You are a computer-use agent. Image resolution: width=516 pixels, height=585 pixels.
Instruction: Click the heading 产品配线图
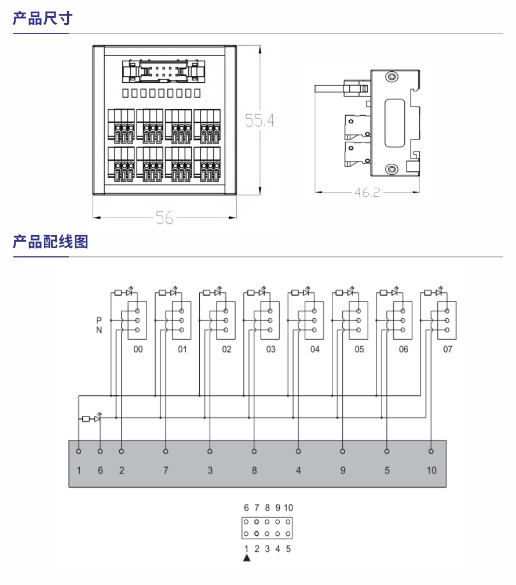click(x=50, y=241)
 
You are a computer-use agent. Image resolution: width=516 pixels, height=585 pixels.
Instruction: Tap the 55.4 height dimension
click(x=258, y=120)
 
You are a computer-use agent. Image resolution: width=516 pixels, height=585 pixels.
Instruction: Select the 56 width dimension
click(x=164, y=218)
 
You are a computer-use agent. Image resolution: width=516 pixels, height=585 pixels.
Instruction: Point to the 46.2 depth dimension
click(x=367, y=192)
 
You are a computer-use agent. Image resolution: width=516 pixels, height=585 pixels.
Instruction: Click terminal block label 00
click(x=138, y=349)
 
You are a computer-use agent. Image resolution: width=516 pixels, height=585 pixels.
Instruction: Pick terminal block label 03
click(x=271, y=349)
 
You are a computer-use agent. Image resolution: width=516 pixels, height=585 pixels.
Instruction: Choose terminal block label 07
click(x=448, y=349)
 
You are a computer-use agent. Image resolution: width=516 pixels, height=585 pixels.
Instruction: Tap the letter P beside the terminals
click(x=99, y=320)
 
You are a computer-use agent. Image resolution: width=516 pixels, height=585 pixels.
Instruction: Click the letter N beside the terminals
click(x=99, y=330)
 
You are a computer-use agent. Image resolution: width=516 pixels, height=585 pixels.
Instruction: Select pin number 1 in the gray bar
click(x=79, y=470)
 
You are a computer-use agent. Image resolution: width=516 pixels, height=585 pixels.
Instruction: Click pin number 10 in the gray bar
click(x=431, y=470)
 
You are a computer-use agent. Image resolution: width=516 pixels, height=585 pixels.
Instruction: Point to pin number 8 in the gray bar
click(x=254, y=470)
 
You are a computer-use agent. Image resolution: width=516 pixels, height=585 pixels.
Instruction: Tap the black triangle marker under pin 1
click(x=247, y=558)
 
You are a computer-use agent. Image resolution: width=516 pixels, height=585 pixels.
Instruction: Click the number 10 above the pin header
click(x=288, y=507)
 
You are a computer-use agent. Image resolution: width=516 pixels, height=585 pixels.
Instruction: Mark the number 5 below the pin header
click(x=288, y=549)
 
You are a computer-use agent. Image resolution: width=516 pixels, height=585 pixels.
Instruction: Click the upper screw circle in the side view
click(x=392, y=77)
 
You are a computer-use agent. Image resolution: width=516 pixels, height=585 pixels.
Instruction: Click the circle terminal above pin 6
click(x=100, y=451)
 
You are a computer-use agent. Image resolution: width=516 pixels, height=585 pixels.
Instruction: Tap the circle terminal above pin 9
click(x=343, y=451)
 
